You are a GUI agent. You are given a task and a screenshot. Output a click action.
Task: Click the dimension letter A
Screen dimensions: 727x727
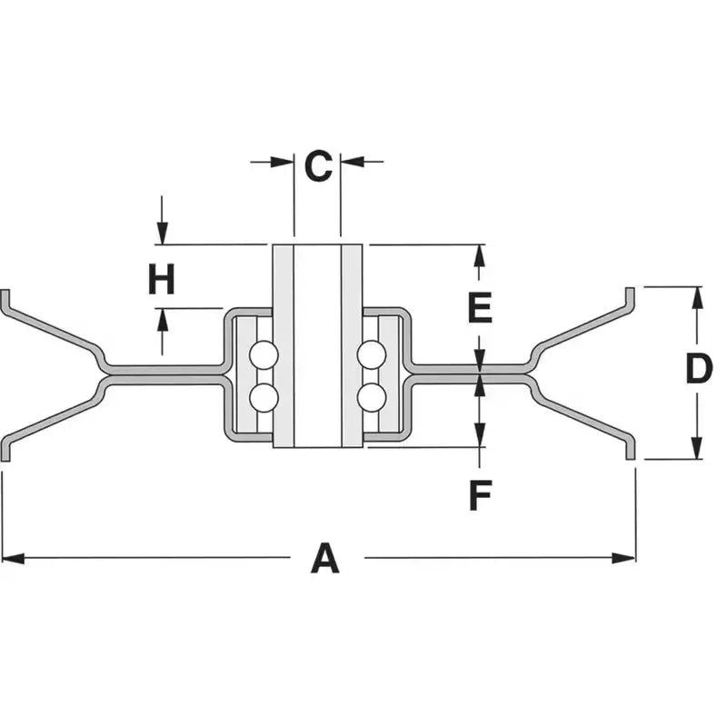pos(325,558)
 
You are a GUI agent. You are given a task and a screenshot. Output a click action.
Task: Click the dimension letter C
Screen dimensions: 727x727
pos(318,165)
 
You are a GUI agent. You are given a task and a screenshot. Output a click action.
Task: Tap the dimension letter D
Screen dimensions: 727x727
pos(699,369)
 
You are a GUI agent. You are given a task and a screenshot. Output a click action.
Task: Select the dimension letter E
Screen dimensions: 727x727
pos(481,307)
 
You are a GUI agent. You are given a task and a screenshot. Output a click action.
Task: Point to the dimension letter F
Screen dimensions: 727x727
pos(481,495)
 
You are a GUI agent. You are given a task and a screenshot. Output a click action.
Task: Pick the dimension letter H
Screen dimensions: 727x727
pos(162,279)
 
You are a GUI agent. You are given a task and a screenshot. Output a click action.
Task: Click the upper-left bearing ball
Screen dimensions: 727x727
pos(264,355)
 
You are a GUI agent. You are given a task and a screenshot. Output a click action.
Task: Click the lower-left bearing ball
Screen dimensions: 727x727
pos(264,398)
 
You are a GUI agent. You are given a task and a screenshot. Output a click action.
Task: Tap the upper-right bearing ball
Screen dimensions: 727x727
pos(372,355)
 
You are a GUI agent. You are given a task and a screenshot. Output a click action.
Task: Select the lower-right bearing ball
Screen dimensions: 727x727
pos(372,398)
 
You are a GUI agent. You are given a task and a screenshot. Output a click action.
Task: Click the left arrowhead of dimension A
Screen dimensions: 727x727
pos(13,558)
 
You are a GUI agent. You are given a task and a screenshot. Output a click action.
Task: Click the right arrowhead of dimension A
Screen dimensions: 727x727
pos(624,558)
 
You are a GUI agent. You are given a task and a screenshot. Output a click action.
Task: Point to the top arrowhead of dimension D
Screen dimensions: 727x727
pos(697,298)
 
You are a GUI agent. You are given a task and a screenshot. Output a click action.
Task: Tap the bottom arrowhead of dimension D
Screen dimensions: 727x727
pos(697,448)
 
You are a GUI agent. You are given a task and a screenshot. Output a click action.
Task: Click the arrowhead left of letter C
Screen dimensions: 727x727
pos(283,162)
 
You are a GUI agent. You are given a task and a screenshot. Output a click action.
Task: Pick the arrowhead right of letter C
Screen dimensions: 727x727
pos(353,162)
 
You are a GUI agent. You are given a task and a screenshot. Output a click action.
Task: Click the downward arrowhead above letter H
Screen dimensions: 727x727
pos(162,234)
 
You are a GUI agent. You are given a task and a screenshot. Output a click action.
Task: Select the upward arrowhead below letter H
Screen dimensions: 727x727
pos(162,320)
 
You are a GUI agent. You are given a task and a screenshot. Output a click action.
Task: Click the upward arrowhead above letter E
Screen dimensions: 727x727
pos(480,255)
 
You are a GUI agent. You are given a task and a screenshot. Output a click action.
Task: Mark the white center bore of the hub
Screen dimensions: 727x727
pos(317,346)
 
